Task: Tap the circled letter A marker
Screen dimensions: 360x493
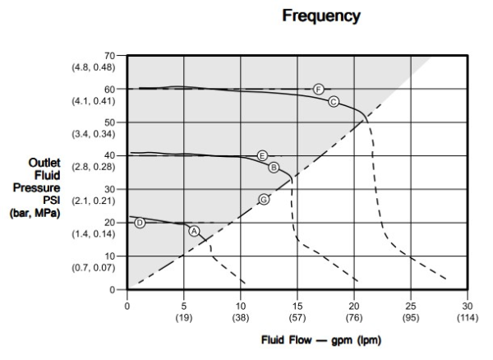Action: (x=194, y=231)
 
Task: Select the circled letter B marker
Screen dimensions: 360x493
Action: (x=274, y=167)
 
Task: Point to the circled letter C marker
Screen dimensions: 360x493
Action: (x=334, y=101)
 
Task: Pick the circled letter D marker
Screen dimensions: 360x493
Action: (x=140, y=223)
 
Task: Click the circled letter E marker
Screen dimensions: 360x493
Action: (x=262, y=155)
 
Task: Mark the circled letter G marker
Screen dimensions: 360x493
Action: (x=264, y=199)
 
